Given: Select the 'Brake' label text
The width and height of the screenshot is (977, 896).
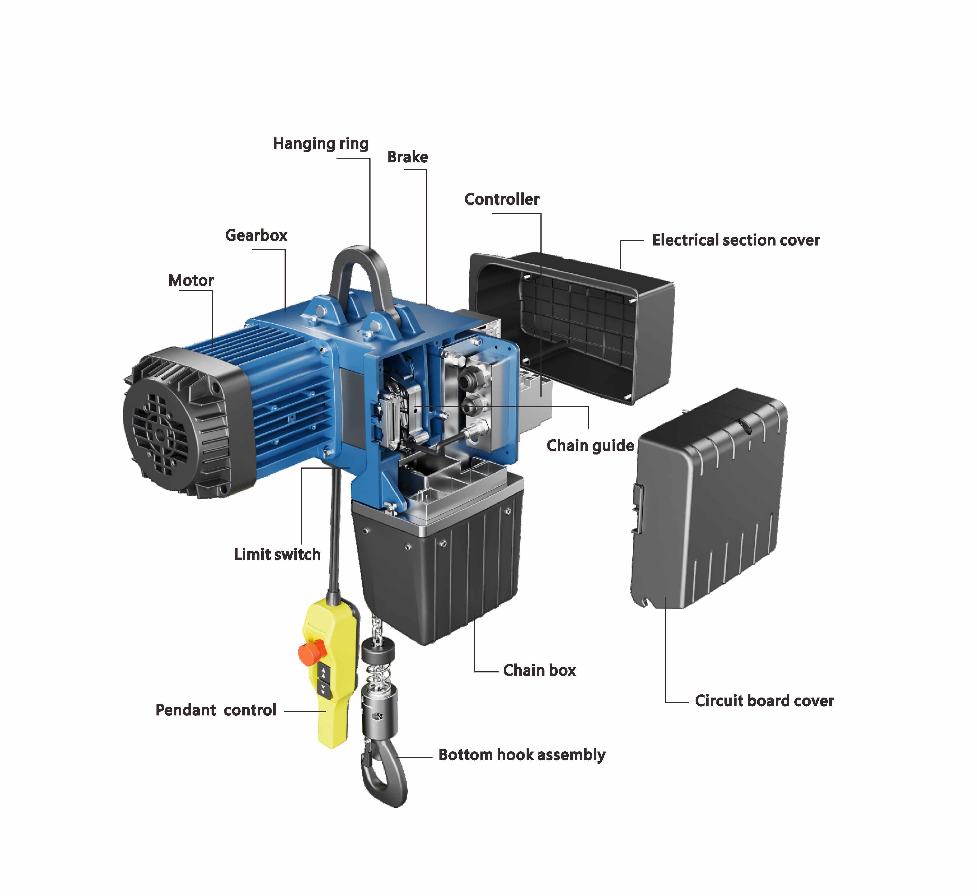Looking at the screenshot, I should tap(407, 157).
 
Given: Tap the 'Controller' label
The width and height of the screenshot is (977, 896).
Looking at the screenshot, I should tap(501, 199).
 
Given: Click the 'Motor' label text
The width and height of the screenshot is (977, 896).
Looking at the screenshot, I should tap(191, 280).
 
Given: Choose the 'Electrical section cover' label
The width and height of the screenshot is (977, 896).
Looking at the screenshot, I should tap(736, 240).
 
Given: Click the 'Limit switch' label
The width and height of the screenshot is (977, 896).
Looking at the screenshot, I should tap(277, 554).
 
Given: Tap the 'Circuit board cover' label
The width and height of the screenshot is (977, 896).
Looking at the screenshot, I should tap(764, 701).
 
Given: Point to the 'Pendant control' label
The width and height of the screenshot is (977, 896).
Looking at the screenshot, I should tap(216, 710).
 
